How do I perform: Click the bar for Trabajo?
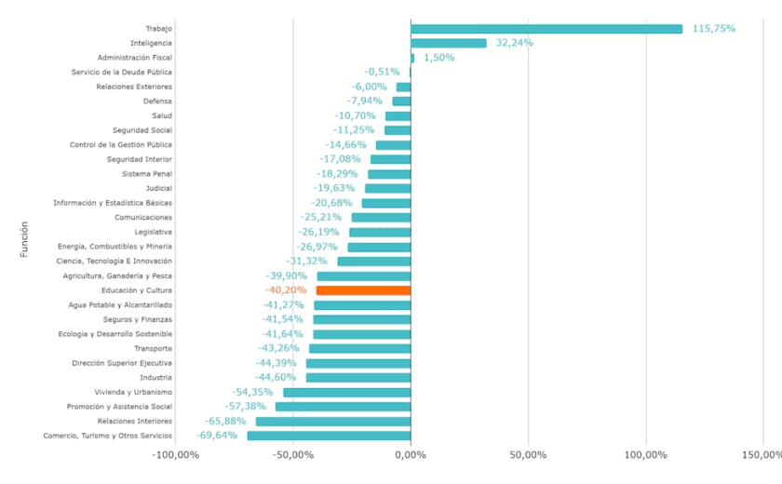tap(546, 29)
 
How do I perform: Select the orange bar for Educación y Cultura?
tap(363, 290)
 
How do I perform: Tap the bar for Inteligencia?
tap(448, 43)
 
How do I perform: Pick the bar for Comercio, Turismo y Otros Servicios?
tap(329, 436)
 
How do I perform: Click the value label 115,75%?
tap(713, 29)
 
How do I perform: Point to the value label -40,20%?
tap(286, 290)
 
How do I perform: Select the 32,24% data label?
tap(515, 43)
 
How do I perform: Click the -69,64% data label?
tap(217, 436)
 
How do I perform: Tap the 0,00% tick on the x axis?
tap(411, 455)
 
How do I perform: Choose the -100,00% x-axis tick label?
tap(175, 455)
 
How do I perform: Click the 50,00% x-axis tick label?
tap(528, 455)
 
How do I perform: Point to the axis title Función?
tap(24, 238)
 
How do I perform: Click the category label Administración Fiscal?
tap(134, 58)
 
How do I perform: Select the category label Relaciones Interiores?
tap(129, 421)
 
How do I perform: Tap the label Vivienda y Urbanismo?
tap(133, 392)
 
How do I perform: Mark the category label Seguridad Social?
tap(142, 130)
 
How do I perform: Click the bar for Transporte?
tap(359, 348)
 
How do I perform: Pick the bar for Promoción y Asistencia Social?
tap(343, 407)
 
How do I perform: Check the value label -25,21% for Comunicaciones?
tap(321, 218)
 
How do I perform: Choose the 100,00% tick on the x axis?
tap(645, 455)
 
